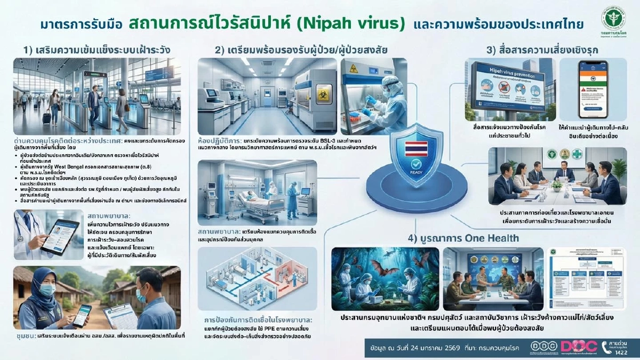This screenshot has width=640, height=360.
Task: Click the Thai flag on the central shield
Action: click(x=414, y=148)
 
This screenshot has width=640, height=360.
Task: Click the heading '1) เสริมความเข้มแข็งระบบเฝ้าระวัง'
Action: click(x=97, y=50)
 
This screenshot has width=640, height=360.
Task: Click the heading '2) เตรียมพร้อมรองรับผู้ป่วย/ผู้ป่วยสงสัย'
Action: click(x=301, y=50)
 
